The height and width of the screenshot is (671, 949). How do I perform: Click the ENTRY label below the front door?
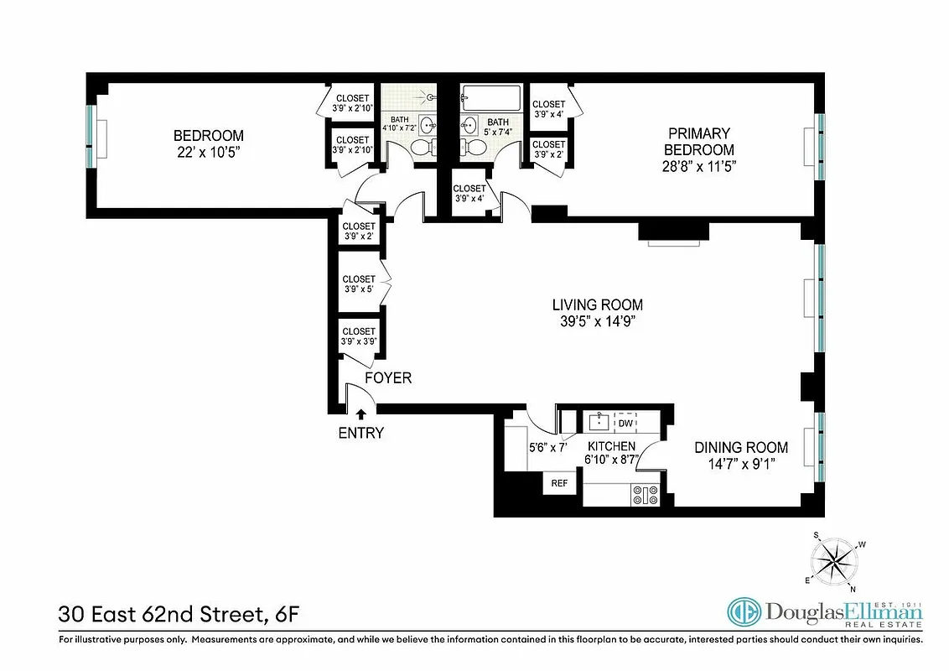361,433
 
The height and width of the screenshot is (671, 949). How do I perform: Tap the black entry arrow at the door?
361,414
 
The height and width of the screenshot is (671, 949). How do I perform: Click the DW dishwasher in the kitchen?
625,423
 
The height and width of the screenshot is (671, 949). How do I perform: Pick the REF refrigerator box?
559,483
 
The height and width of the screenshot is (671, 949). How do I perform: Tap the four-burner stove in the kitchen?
646,496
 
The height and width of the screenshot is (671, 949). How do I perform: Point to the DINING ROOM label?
741,447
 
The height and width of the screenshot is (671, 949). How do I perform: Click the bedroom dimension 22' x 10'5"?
209,152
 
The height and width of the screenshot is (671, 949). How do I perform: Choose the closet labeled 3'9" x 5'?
359,284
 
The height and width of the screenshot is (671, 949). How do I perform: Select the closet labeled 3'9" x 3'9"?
359,336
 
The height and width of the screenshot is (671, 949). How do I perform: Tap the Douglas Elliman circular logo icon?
744,613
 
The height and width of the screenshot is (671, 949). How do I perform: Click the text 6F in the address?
285,615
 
